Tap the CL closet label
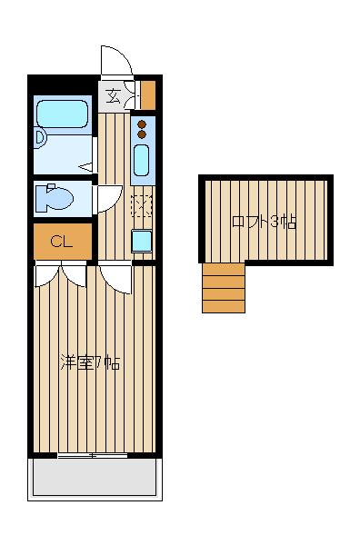point(62,242)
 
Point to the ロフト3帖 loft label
point(264,222)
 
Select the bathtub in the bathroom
point(61,115)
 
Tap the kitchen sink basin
point(142,161)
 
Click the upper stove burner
point(142,124)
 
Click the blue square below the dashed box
point(142,241)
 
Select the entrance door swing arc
point(116,61)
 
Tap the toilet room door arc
point(107,197)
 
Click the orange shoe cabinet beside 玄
point(147,94)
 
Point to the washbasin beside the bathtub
point(40,137)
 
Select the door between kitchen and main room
point(115,274)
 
